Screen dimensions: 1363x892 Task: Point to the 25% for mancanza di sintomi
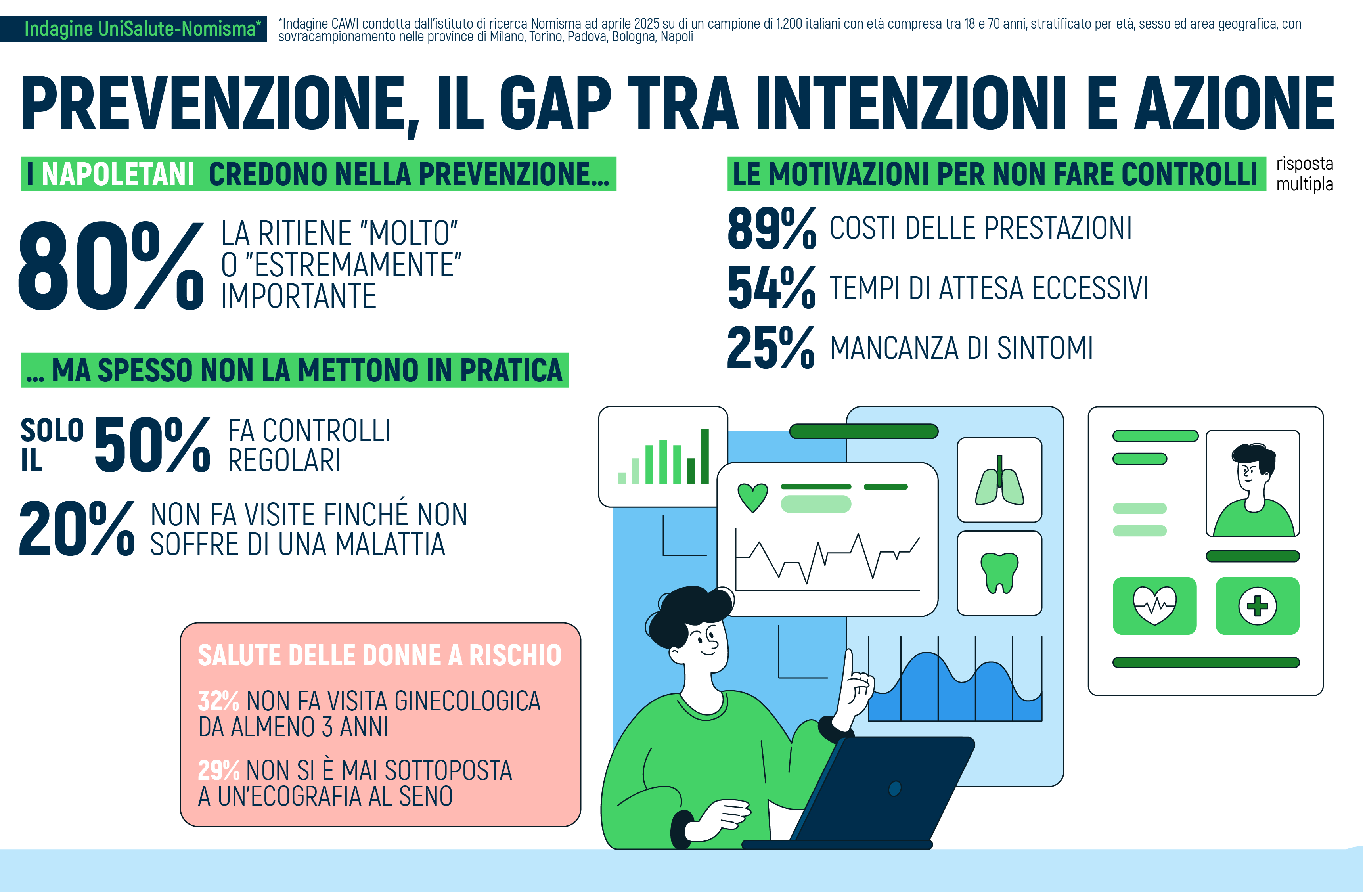(x=771, y=348)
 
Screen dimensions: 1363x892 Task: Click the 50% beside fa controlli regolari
(x=152, y=445)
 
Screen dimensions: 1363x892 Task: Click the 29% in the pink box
(x=218, y=770)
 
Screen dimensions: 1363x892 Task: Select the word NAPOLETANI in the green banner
(x=118, y=174)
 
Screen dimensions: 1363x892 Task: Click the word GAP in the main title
(x=555, y=103)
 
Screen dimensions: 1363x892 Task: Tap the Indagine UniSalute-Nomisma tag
(x=134, y=29)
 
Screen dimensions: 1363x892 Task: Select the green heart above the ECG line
(x=752, y=498)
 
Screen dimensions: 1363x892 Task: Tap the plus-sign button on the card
(x=1258, y=606)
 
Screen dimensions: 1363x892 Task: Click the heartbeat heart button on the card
(x=1154, y=606)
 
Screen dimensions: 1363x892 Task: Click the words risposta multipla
(x=1305, y=174)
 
